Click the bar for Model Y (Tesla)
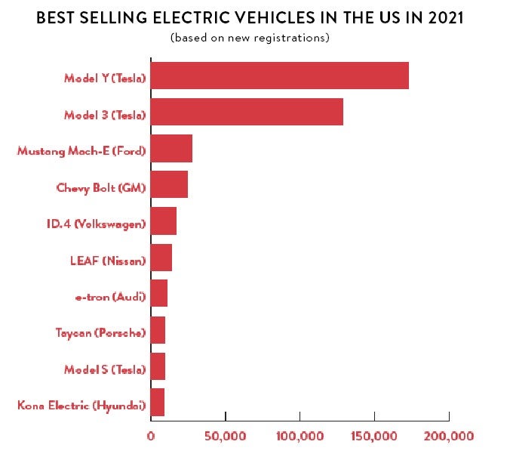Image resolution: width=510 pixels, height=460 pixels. click(x=279, y=76)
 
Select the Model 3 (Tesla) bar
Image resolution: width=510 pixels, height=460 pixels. click(x=247, y=113)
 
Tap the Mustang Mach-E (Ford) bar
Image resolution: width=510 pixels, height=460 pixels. click(x=171, y=149)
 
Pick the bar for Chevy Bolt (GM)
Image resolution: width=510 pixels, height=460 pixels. click(x=169, y=185)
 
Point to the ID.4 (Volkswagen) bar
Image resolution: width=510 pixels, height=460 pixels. click(x=164, y=221)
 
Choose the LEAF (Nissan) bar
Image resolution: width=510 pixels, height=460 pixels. click(x=161, y=258)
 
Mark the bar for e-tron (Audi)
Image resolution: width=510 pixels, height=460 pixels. click(x=159, y=294)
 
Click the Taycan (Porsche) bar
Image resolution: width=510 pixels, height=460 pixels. click(x=158, y=330)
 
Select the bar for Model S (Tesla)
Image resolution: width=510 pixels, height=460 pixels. click(x=158, y=366)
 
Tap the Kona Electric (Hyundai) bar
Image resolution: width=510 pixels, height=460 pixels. click(x=158, y=402)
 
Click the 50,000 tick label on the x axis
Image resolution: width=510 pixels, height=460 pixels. click(x=225, y=436)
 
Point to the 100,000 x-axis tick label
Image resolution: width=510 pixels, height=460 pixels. click(x=300, y=436)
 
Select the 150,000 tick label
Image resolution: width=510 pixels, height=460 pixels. click(x=374, y=436)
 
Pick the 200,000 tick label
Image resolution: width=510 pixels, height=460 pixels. click(x=449, y=436)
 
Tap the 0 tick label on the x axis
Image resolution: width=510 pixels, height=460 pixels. click(x=151, y=436)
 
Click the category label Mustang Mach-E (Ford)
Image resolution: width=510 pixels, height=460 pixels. click(x=81, y=150)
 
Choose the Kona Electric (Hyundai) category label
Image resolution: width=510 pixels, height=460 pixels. click(x=81, y=406)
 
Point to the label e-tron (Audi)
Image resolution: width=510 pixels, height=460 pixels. click(x=110, y=297)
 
